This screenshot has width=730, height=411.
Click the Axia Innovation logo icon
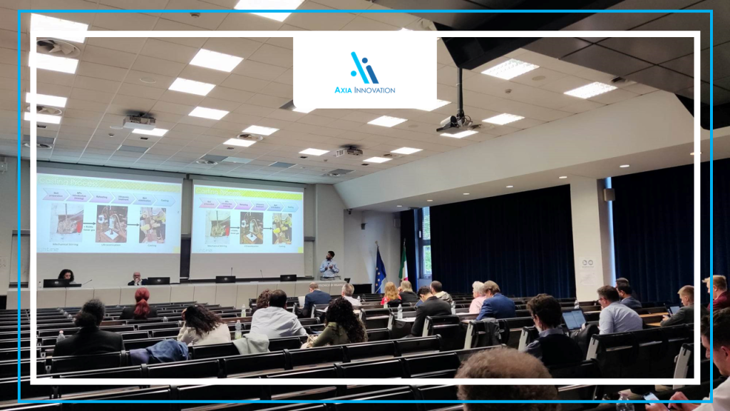[364, 68]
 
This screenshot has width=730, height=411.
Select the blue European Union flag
[380, 271]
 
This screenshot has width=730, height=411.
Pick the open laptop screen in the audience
[574, 319]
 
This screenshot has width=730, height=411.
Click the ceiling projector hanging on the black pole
[456, 123]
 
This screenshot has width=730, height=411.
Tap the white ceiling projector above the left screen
[139, 122]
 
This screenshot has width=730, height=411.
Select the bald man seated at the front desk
[135, 278]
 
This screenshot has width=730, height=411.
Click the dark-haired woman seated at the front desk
[66, 276]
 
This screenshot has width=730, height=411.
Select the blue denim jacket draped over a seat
[158, 351]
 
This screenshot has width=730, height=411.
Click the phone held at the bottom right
[650, 397]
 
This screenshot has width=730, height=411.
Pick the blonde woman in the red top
[391, 294]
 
